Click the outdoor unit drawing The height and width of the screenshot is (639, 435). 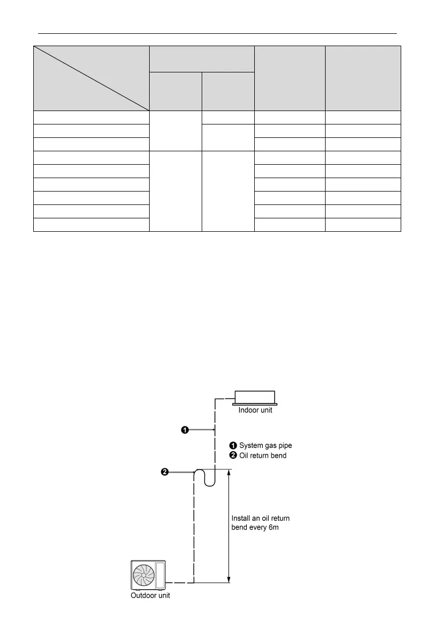[x=149, y=575]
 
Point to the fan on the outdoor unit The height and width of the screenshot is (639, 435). [x=144, y=575]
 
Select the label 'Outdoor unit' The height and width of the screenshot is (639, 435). [x=151, y=596]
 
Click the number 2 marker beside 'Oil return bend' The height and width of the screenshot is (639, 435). [x=233, y=456]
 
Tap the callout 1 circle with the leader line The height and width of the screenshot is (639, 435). [x=185, y=430]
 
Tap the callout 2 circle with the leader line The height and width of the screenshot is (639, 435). [x=165, y=472]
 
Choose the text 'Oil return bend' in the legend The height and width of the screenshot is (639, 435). [x=263, y=456]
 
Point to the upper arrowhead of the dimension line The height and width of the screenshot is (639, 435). [x=229, y=473]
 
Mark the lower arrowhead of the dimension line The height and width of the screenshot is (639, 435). [x=229, y=579]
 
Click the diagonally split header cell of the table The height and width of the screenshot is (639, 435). [x=91, y=78]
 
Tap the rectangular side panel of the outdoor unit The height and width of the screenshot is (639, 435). [x=160, y=575]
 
